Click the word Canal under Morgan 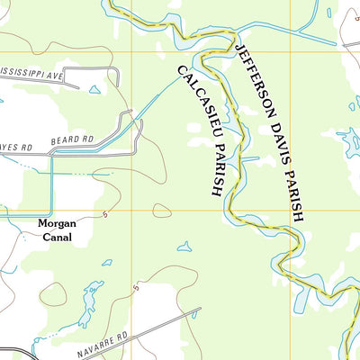click(x=54, y=238)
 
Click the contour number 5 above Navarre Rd click(x=136, y=288)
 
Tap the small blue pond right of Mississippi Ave click(x=94, y=90)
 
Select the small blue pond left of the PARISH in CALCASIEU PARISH click(x=184, y=246)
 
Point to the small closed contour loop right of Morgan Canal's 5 click(x=162, y=211)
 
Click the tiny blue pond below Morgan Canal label click(x=106, y=263)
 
